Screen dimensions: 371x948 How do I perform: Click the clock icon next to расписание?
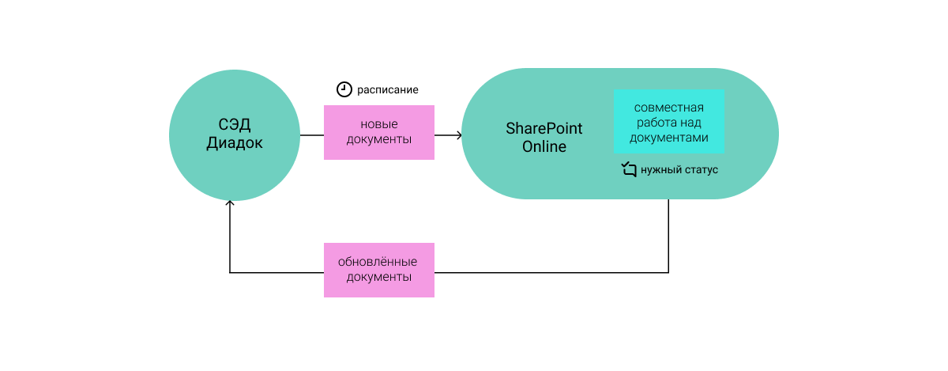click(x=344, y=89)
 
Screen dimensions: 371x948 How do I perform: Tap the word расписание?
click(x=387, y=90)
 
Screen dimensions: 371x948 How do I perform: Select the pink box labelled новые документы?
click(x=379, y=133)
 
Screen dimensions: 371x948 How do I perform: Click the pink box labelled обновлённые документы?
click(x=379, y=270)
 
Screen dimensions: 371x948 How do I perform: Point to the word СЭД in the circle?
click(x=235, y=125)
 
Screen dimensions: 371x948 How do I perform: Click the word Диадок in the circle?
click(x=235, y=143)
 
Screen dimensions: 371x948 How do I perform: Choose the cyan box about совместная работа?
click(x=669, y=122)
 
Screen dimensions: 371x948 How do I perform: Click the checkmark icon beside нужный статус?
click(x=629, y=169)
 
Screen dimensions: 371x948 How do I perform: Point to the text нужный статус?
click(x=679, y=170)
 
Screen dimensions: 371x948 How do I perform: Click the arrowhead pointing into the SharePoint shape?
click(x=459, y=135)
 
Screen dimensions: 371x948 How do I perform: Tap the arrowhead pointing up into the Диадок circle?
click(x=230, y=203)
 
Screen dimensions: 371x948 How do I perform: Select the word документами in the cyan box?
click(x=669, y=137)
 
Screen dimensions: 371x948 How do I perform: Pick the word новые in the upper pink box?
click(x=379, y=125)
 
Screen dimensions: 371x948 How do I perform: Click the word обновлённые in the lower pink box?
click(x=379, y=262)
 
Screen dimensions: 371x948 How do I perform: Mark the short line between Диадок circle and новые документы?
click(x=311, y=135)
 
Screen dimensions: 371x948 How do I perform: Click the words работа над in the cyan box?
click(x=669, y=122)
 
